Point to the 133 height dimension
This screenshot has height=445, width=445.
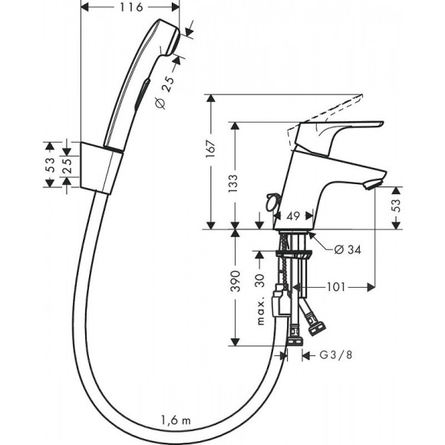(242, 182)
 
